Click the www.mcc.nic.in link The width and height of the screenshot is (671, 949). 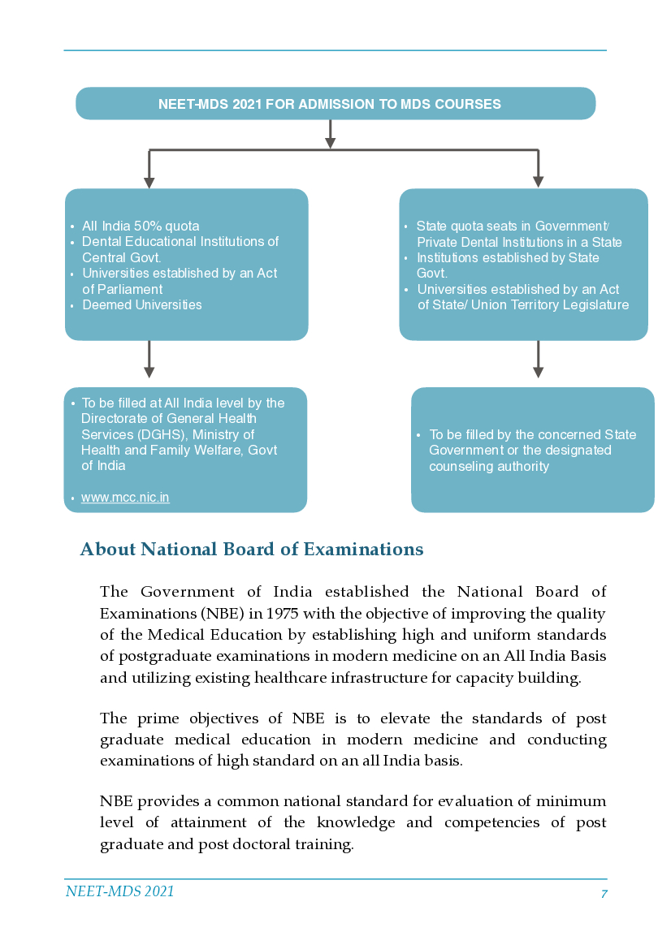pos(125,498)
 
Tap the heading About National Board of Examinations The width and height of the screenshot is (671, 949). pos(252,550)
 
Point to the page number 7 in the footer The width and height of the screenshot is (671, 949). pos(604,894)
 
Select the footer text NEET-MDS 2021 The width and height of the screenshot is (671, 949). pos(119,891)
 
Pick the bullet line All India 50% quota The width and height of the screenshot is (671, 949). pos(141,226)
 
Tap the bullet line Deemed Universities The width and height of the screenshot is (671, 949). pos(142,305)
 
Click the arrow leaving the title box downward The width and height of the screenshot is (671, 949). pos(330,134)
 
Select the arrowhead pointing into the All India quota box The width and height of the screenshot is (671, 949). pos(149,181)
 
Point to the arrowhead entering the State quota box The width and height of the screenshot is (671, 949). pos(538,181)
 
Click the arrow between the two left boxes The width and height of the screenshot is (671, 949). pos(149,360)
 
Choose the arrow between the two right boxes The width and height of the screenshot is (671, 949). pos(538,360)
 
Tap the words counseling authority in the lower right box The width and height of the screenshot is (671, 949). pos(489,467)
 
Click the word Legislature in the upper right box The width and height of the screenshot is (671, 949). pos(595,305)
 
